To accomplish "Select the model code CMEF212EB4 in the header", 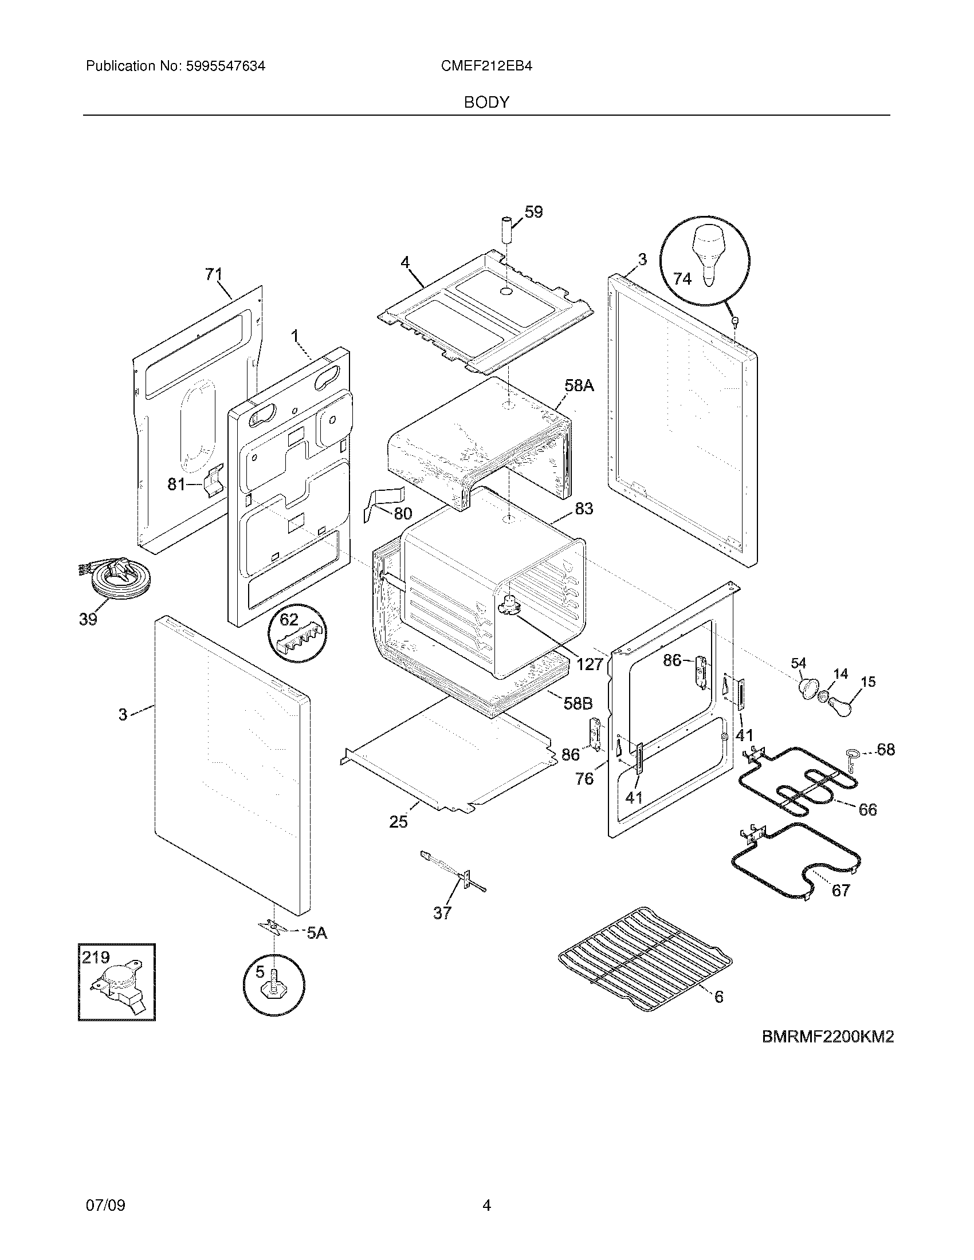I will point(486,66).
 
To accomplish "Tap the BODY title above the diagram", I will point(486,103).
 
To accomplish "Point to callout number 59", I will point(534,212).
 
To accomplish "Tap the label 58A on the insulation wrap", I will point(579,386).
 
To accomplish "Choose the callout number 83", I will point(584,509).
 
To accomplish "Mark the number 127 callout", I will point(589,664).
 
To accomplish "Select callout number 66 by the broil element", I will point(867,809).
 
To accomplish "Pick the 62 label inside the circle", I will point(289,620).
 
